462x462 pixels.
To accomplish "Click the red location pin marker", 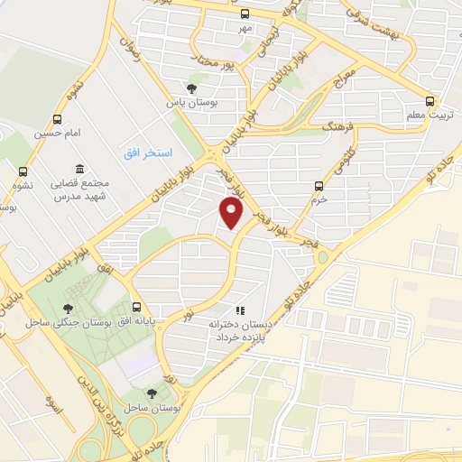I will click(231, 213).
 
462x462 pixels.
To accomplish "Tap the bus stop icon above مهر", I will click(245, 13).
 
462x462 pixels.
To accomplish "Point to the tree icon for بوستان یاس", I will click(190, 88).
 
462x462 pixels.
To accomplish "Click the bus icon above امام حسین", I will click(58, 119).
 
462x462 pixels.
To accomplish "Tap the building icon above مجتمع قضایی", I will click(79, 169).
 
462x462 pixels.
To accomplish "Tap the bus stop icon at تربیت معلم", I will click(430, 101).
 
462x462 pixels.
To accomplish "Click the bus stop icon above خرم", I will click(318, 186).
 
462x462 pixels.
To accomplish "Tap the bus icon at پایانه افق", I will click(137, 306).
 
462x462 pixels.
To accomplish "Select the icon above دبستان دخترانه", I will click(239, 310).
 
